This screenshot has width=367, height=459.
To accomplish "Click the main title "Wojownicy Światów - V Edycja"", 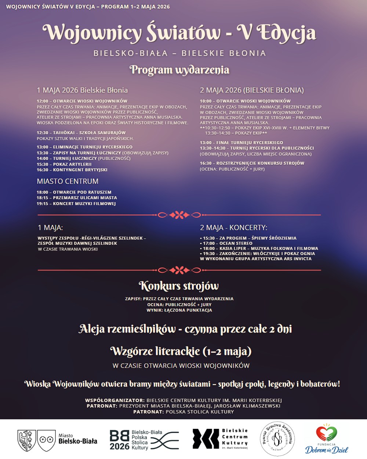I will (x=179, y=33).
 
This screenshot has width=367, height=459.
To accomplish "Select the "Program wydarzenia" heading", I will (x=179, y=70).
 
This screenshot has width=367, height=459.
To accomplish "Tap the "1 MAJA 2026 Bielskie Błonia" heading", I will (x=82, y=90).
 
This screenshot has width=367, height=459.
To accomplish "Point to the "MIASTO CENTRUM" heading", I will (x=68, y=181).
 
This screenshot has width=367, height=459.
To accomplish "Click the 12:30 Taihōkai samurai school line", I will (x=81, y=133).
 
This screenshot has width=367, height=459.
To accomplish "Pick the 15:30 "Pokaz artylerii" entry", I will (x=64, y=164).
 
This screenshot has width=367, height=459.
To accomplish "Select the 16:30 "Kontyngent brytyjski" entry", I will (x=72, y=170).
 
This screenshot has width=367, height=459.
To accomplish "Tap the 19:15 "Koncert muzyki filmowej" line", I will (x=76, y=204).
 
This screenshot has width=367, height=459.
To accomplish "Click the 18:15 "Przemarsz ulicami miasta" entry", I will (x=77, y=198).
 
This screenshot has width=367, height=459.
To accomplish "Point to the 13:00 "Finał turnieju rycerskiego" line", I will (x=241, y=143).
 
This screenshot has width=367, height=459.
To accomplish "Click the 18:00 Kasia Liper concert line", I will (x=259, y=248).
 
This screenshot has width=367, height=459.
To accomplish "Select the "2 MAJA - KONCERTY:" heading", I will (x=233, y=228).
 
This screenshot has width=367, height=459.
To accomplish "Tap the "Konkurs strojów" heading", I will (x=179, y=286).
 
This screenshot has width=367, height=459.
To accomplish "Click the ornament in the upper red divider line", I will (x=179, y=215).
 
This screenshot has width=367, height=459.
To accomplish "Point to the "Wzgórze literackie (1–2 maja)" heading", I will (x=181, y=352).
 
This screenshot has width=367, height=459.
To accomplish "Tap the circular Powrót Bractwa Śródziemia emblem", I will (x=278, y=439).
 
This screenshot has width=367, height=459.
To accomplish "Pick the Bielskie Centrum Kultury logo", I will (x=220, y=439).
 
